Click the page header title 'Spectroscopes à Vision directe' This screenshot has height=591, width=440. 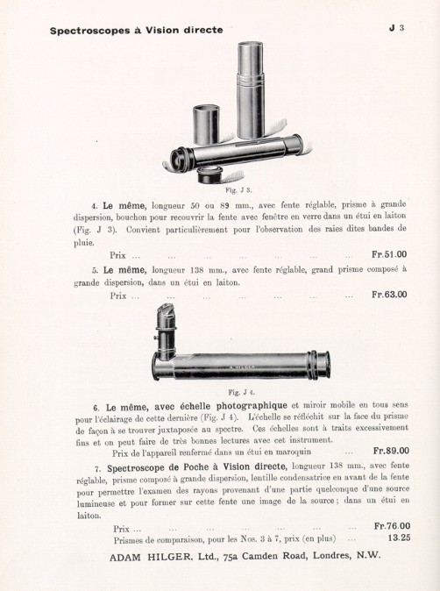[136, 31]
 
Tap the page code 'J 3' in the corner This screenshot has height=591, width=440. [395, 28]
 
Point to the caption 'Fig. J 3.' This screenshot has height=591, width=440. [238, 190]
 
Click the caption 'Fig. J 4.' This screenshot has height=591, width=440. [239, 392]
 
